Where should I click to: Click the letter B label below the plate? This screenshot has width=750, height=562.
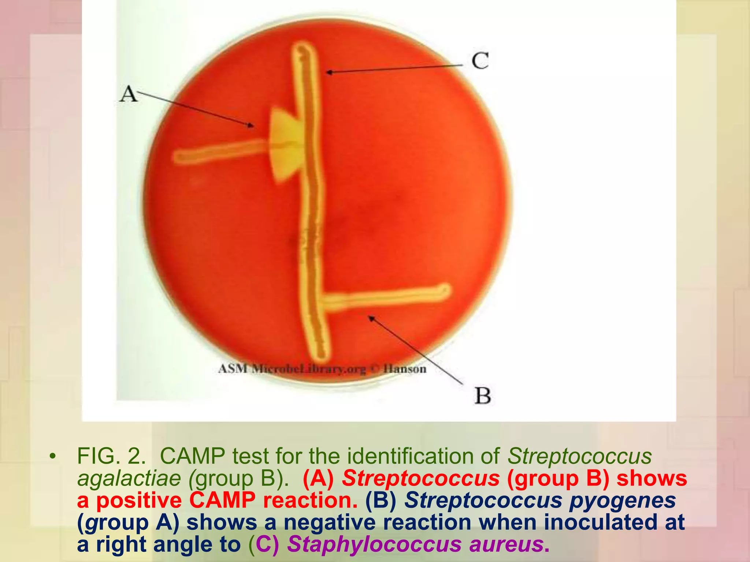[482, 396]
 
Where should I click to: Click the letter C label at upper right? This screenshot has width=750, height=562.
[480, 60]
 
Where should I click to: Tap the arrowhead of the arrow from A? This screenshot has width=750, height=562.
[252, 126]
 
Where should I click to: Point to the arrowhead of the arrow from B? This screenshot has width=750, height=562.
[371, 318]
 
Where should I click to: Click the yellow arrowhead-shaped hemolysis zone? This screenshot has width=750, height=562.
[286, 145]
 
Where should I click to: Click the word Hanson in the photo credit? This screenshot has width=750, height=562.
[405, 368]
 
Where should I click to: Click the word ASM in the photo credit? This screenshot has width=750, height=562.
[233, 368]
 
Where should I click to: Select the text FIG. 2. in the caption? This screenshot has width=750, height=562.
[112, 456]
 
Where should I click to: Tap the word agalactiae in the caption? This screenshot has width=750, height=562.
[129, 478]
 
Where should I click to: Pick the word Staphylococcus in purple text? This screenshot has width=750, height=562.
[374, 544]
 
